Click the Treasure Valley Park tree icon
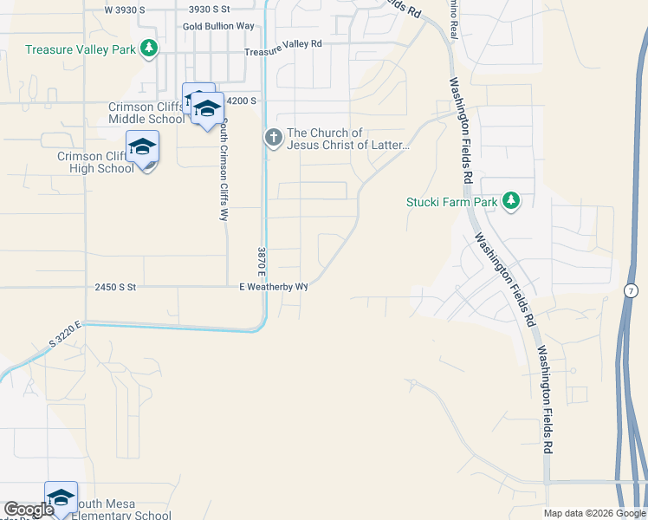[150, 49]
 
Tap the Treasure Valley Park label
[81, 49]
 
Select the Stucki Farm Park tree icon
[512, 202]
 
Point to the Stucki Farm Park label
[452, 203]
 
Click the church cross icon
[273, 138]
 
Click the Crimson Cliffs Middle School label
[146, 113]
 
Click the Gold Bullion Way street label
[218, 26]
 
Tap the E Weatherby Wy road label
[274, 286]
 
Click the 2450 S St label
[112, 286]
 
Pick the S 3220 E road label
[65, 335]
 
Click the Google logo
[29, 510]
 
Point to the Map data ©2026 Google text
[595, 513]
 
